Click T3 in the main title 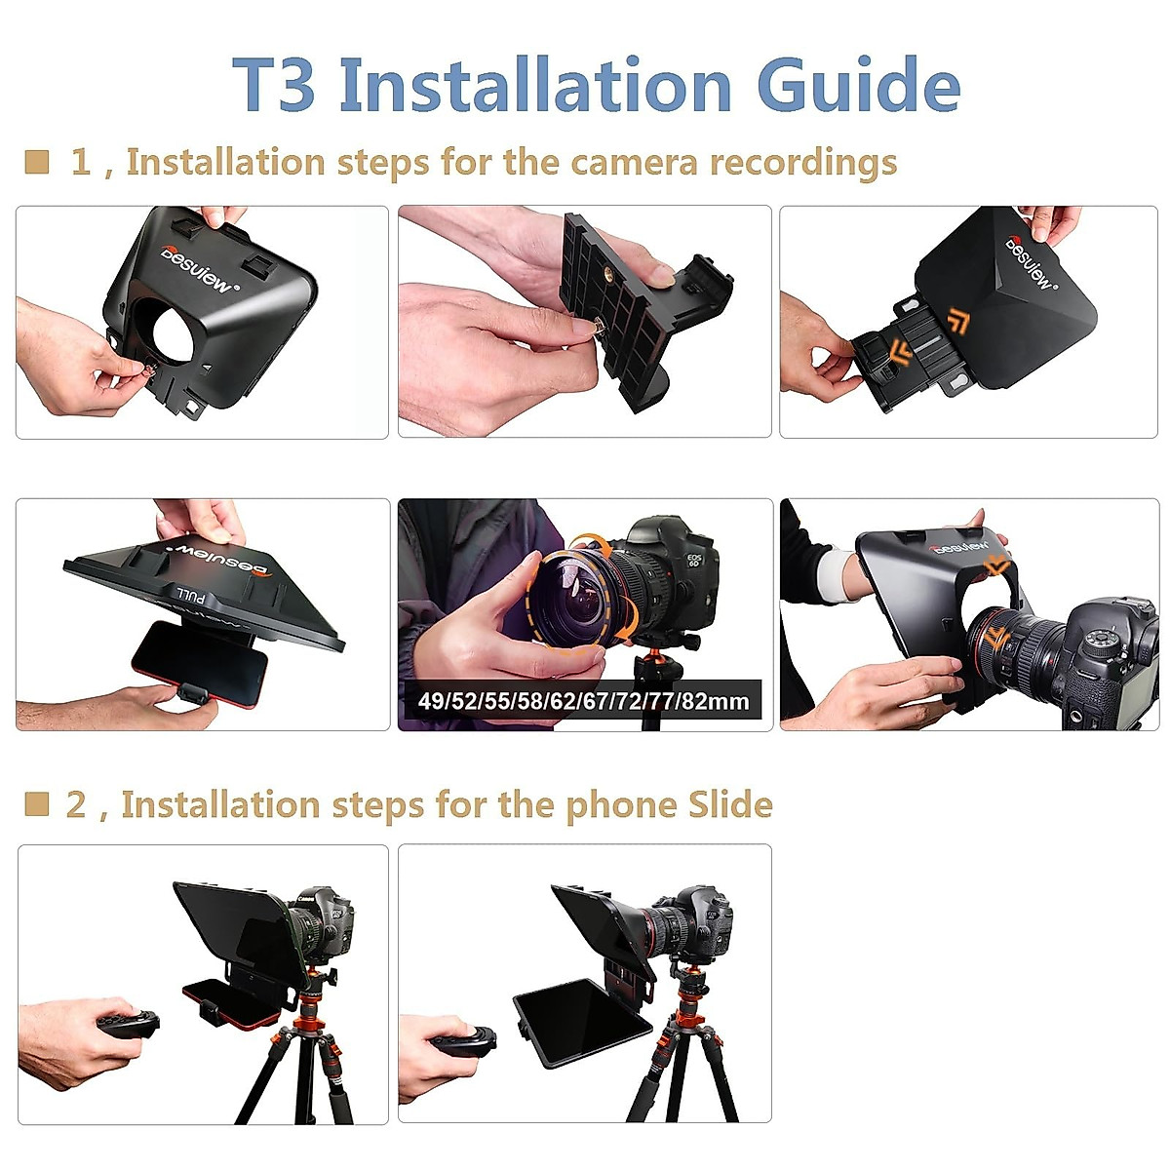[x=275, y=85]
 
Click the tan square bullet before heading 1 [x=37, y=162]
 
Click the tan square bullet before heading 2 [x=37, y=804]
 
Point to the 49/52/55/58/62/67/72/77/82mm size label [x=583, y=700]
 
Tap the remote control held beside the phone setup [x=128, y=1026]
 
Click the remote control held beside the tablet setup [x=464, y=1041]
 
